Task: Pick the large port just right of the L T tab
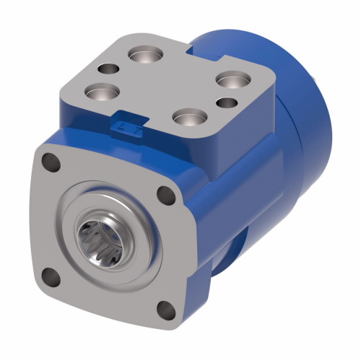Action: point(188,116)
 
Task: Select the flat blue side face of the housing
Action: point(238,195)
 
